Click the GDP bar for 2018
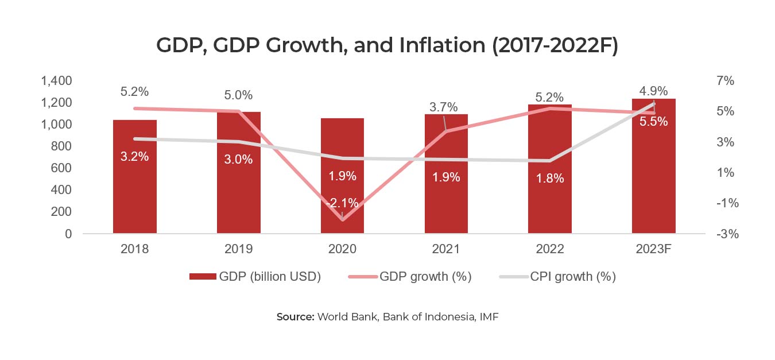pyautogui.click(x=134, y=189)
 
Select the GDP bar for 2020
pyautogui.click(x=342, y=189)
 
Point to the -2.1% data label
pyautogui.click(x=342, y=203)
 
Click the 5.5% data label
pyautogui.click(x=654, y=122)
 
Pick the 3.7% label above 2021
pyautogui.click(x=444, y=107)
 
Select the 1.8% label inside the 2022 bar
pyautogui.click(x=550, y=178)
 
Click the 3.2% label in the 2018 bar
pyautogui.click(x=134, y=157)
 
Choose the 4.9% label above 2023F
pyautogui.click(x=654, y=91)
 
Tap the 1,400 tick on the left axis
pyautogui.click(x=56, y=81)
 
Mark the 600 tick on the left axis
pyautogui.click(x=61, y=168)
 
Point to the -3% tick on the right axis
pyautogui.click(x=725, y=234)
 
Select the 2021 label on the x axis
pyautogui.click(x=446, y=249)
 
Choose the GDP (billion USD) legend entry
pyautogui.click(x=255, y=277)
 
